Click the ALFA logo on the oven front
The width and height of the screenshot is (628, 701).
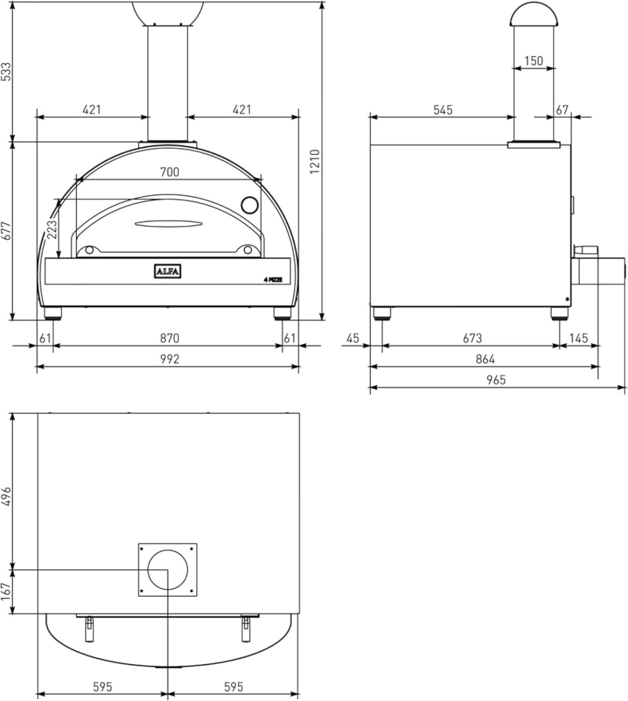[x=167, y=271]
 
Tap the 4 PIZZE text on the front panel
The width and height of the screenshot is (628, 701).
[x=272, y=280]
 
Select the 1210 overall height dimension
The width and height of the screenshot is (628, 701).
[x=315, y=161]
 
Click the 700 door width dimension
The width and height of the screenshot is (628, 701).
[x=169, y=172]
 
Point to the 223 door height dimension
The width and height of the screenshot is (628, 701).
[x=53, y=229]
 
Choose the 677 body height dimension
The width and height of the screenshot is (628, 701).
[x=7, y=230]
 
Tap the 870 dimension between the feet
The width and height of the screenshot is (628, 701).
[x=169, y=338]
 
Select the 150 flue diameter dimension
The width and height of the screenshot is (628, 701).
[x=533, y=61]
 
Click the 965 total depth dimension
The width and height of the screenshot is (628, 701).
[x=495, y=380]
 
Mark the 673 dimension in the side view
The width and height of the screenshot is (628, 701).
[x=472, y=338]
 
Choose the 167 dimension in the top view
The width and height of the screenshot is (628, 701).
[x=7, y=592]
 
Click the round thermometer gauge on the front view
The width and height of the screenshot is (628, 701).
[x=250, y=205]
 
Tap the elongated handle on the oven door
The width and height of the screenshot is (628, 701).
[x=168, y=224]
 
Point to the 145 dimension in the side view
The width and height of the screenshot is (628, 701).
[x=579, y=338]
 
